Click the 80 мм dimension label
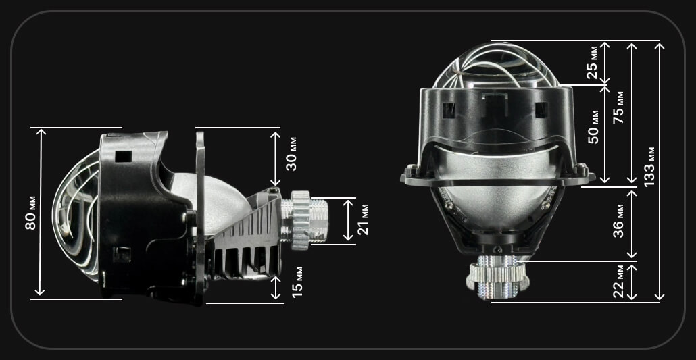point(30,213)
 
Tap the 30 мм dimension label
point(291,154)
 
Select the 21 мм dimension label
point(363,220)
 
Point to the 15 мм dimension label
point(298,282)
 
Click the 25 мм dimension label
point(593,63)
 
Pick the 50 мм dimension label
point(593,127)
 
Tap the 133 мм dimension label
point(649,166)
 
